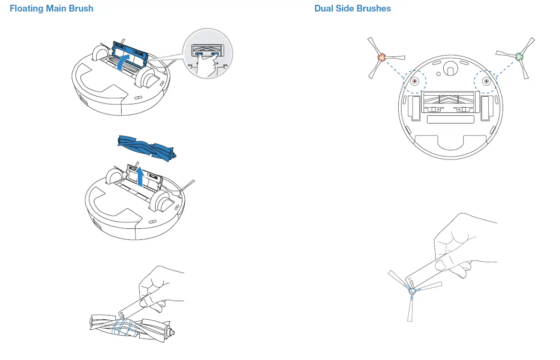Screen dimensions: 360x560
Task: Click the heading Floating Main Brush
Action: pos(52,9)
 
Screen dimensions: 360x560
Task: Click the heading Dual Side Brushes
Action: pos(352,9)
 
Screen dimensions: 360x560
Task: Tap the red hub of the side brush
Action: pos(381,57)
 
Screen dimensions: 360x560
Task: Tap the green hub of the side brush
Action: pos(519,57)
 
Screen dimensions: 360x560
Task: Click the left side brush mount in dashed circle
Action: pos(414,81)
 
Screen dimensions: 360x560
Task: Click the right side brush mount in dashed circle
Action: pos(486,81)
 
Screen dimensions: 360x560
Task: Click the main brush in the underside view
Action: pos(450,99)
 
